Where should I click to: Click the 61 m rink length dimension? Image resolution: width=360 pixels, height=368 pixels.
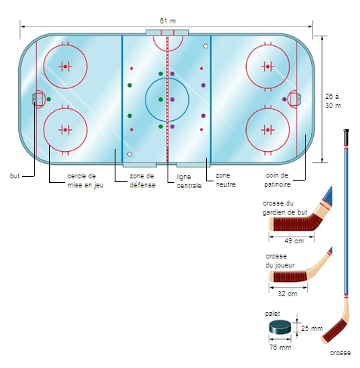pyautogui.click(x=168, y=20)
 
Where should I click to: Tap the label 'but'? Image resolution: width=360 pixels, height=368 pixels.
pyautogui.click(x=14, y=176)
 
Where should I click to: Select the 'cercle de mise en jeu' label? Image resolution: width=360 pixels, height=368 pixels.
pyautogui.click(x=85, y=181)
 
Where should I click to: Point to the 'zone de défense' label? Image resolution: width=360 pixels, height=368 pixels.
pyautogui.click(x=143, y=181)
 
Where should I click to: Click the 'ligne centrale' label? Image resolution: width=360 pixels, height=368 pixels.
pyautogui.click(x=189, y=181)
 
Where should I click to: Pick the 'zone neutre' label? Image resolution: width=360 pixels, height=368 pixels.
pyautogui.click(x=226, y=180)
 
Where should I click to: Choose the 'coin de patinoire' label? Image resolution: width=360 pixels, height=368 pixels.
pyautogui.click(x=277, y=180)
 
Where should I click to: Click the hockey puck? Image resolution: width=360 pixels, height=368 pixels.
pyautogui.click(x=280, y=327)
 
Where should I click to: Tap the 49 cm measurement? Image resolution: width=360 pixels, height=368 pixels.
pyautogui.click(x=294, y=241)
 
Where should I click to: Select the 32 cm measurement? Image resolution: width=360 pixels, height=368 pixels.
pyautogui.click(x=288, y=294)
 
